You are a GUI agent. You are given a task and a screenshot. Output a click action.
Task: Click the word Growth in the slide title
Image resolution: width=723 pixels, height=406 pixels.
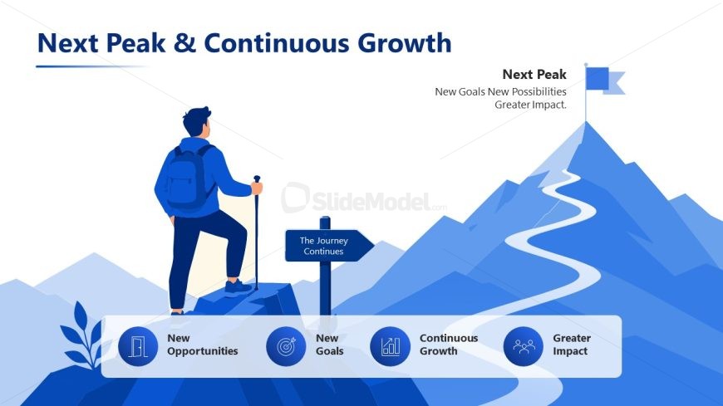point(405,43)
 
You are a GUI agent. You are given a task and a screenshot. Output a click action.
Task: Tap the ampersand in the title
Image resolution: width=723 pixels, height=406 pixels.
point(184,43)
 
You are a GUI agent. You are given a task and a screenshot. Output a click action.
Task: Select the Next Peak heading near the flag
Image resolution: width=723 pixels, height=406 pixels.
point(534,74)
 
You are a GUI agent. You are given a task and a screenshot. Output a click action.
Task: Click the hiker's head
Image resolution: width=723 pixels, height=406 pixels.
point(197,121)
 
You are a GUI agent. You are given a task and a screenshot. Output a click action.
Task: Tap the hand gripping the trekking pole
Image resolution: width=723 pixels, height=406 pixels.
point(256,188)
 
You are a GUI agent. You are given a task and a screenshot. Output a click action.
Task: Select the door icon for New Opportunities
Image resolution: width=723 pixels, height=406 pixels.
point(138,346)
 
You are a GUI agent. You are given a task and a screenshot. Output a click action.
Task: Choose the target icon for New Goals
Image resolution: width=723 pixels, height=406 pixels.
point(286,346)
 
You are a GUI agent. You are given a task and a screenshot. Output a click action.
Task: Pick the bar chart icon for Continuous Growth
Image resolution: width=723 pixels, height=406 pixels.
point(390,346)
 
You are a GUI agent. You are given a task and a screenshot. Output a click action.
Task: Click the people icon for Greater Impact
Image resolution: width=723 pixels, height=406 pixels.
point(524,346)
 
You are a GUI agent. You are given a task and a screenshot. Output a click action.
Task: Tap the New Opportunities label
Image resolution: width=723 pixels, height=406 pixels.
point(203,345)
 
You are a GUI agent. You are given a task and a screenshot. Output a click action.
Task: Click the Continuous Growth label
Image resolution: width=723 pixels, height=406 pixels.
point(449,345)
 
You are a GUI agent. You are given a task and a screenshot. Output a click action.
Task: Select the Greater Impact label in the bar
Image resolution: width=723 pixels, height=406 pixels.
point(572,345)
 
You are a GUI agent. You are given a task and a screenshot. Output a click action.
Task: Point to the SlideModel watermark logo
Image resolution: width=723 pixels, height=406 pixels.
point(364,198)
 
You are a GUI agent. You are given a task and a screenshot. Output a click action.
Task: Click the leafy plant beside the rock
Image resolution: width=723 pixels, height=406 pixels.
point(81,335)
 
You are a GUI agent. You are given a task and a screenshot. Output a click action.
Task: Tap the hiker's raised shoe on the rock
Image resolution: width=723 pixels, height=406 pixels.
point(239,287)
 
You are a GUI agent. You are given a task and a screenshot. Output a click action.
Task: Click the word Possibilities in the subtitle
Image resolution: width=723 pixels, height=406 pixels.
point(539,91)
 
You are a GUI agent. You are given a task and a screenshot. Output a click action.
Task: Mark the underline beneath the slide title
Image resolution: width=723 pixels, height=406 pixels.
point(91,66)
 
